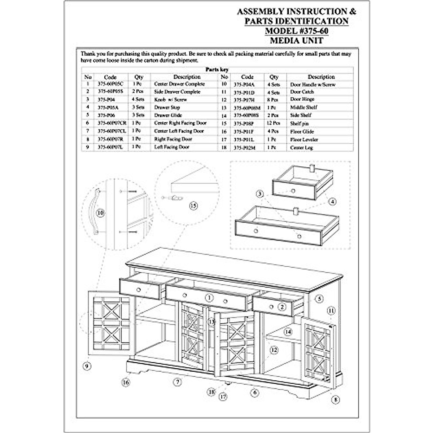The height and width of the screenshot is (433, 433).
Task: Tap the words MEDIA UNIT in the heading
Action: point(297,40)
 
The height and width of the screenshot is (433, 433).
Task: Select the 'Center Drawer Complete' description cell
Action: point(179,84)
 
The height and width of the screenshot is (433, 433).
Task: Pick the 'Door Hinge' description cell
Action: point(302,99)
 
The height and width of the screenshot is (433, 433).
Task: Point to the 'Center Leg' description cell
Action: point(302,148)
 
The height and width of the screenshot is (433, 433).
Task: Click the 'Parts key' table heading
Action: point(217,69)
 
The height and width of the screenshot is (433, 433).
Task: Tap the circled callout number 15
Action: point(193,206)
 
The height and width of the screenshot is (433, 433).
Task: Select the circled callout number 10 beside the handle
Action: point(100,213)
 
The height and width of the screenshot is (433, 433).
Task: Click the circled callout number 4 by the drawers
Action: point(333,202)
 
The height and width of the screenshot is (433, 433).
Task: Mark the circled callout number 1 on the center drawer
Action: point(209,298)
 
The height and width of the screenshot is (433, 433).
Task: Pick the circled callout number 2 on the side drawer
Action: point(282,307)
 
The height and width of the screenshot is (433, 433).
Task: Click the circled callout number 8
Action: point(336,399)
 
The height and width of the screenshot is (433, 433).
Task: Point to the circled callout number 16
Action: point(126,382)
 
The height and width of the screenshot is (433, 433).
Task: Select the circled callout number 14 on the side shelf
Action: point(288,331)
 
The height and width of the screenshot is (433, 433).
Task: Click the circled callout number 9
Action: point(86,366)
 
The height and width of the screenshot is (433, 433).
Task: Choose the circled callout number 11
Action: point(331,310)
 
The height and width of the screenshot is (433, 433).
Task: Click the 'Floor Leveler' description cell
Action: point(304,140)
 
